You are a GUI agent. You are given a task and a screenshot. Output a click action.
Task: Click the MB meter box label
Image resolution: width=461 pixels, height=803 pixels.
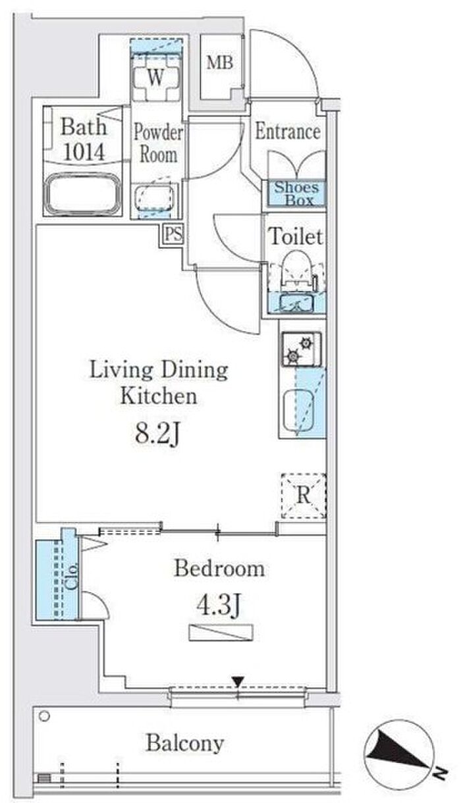pos(219,63)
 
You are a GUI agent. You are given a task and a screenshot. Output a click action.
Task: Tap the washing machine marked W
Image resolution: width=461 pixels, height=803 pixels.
pos(155,77)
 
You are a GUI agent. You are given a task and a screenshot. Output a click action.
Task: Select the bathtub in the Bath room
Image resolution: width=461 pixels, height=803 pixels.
pos(82,194)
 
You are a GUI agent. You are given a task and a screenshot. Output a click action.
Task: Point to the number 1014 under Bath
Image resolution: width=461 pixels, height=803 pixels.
pos(84,152)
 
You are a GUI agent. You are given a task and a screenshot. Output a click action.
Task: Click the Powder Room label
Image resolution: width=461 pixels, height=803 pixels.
pos(158,143)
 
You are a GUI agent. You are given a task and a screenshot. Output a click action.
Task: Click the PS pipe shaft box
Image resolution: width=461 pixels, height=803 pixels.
pos(173,234)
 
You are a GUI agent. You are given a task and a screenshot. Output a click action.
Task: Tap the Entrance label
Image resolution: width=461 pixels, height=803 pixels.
pos(288,131)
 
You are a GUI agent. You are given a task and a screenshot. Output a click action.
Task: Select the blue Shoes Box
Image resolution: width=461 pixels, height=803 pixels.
pos(296,194)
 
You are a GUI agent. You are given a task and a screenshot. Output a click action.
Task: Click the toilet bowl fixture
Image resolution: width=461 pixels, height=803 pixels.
pos(296,269)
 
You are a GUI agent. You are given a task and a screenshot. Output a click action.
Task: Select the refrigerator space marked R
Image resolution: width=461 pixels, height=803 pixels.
pos(303,496)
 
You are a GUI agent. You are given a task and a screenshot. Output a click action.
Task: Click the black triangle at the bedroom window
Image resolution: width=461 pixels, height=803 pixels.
pos(238,681)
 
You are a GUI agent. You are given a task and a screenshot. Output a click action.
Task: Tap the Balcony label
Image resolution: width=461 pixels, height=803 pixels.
pos(185,743)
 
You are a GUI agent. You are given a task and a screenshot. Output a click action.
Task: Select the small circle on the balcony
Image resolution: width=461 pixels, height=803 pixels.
pos(44,715)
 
